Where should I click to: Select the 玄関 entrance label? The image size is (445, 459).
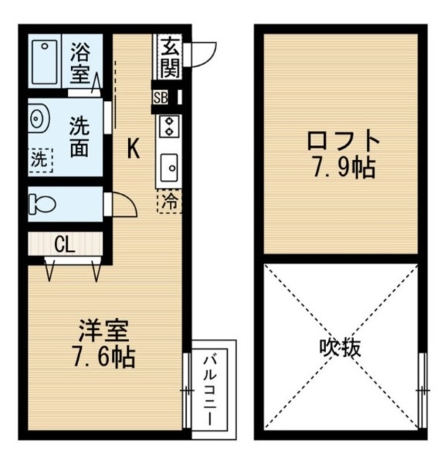[x=170, y=57]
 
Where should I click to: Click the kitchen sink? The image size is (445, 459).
[x=170, y=169]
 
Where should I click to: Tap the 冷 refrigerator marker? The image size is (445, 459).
[x=170, y=202]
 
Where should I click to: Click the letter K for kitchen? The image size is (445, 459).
[x=133, y=148]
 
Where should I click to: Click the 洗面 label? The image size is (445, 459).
[x=80, y=138]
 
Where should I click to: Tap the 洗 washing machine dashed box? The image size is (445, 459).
[x=40, y=159]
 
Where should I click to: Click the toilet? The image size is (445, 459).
[x=44, y=204]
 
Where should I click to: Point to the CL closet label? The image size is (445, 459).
[x=64, y=245]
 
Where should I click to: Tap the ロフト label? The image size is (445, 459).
[x=341, y=141]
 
